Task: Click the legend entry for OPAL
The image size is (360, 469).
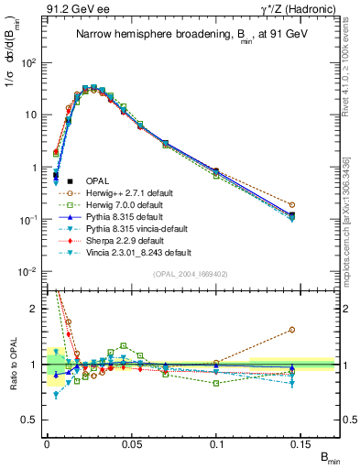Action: coord(96,180)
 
